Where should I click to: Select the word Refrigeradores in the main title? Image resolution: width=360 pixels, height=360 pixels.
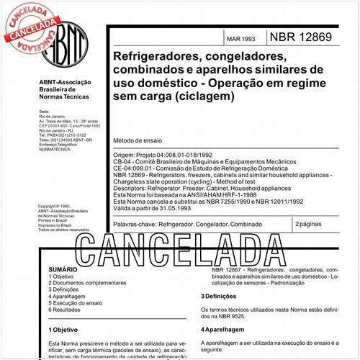tap(145, 55)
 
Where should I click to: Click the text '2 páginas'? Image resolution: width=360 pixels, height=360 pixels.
tap(310, 225)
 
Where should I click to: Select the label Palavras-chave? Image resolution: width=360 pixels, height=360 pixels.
tap(135, 225)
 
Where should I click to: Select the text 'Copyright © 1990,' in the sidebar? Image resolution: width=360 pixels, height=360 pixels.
tap(58, 206)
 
